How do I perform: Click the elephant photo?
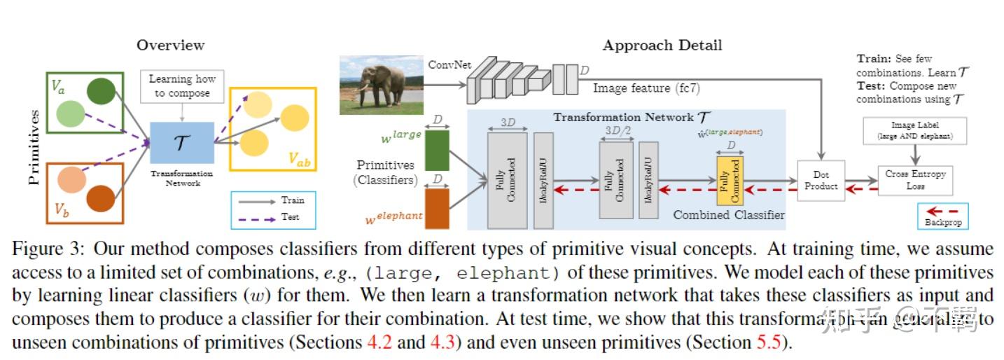coord(381,85)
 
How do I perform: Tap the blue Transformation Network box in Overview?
coord(182,142)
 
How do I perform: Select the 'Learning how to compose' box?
coord(182,87)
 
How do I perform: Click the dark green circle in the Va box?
coord(101,92)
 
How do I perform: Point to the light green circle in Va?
coord(70,113)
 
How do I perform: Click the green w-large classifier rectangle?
coord(437,150)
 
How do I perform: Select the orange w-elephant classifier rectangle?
coord(437,208)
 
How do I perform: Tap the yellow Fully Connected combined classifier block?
coord(730,181)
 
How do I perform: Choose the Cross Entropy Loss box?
coord(915,180)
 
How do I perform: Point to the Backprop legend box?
coord(942,216)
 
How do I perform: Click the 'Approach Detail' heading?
coord(662,46)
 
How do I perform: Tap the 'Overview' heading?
coord(170,46)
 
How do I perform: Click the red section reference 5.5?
coord(776,344)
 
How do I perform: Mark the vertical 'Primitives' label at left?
coord(33,147)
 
